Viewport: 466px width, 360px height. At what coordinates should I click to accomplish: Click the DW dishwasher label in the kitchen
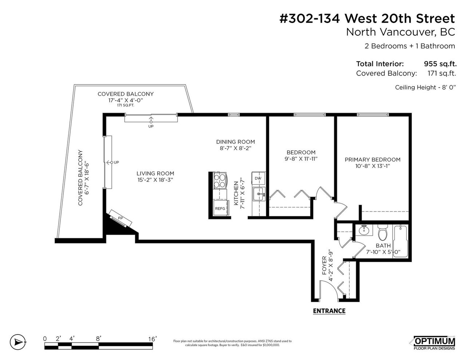pyautogui.click(x=258, y=178)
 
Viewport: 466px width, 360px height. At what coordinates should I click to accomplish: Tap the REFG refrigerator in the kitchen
pyautogui.click(x=221, y=207)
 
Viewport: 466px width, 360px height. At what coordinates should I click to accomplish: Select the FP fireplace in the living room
pyautogui.click(x=120, y=218)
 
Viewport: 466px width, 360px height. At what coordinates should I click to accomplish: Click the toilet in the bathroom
pyautogui.click(x=382, y=233)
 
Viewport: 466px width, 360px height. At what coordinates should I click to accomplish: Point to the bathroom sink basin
pyautogui.click(x=364, y=230)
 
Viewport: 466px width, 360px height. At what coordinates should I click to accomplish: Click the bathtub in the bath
pyautogui.click(x=400, y=241)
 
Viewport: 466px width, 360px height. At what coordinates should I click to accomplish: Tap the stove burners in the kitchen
pyautogui.click(x=220, y=181)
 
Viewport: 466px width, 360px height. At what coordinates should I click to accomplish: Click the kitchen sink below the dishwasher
pyautogui.click(x=259, y=194)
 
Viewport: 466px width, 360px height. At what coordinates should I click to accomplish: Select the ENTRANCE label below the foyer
pyautogui.click(x=329, y=311)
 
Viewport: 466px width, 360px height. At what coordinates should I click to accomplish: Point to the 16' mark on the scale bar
pyautogui.click(x=153, y=339)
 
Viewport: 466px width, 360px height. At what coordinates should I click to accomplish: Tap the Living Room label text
pyautogui.click(x=155, y=174)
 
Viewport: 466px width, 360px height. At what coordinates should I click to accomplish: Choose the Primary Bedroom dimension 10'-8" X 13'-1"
pyautogui.click(x=372, y=166)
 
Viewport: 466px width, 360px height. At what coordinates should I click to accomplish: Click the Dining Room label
pyautogui.click(x=236, y=142)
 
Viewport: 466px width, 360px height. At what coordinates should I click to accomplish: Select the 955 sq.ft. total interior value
pyautogui.click(x=440, y=64)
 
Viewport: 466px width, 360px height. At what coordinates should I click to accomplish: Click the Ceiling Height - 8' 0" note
pyautogui.click(x=425, y=87)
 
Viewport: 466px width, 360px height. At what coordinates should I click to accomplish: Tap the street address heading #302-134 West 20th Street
pyautogui.click(x=367, y=19)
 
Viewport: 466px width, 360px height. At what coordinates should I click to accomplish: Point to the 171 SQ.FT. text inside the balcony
pyautogui.click(x=126, y=105)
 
